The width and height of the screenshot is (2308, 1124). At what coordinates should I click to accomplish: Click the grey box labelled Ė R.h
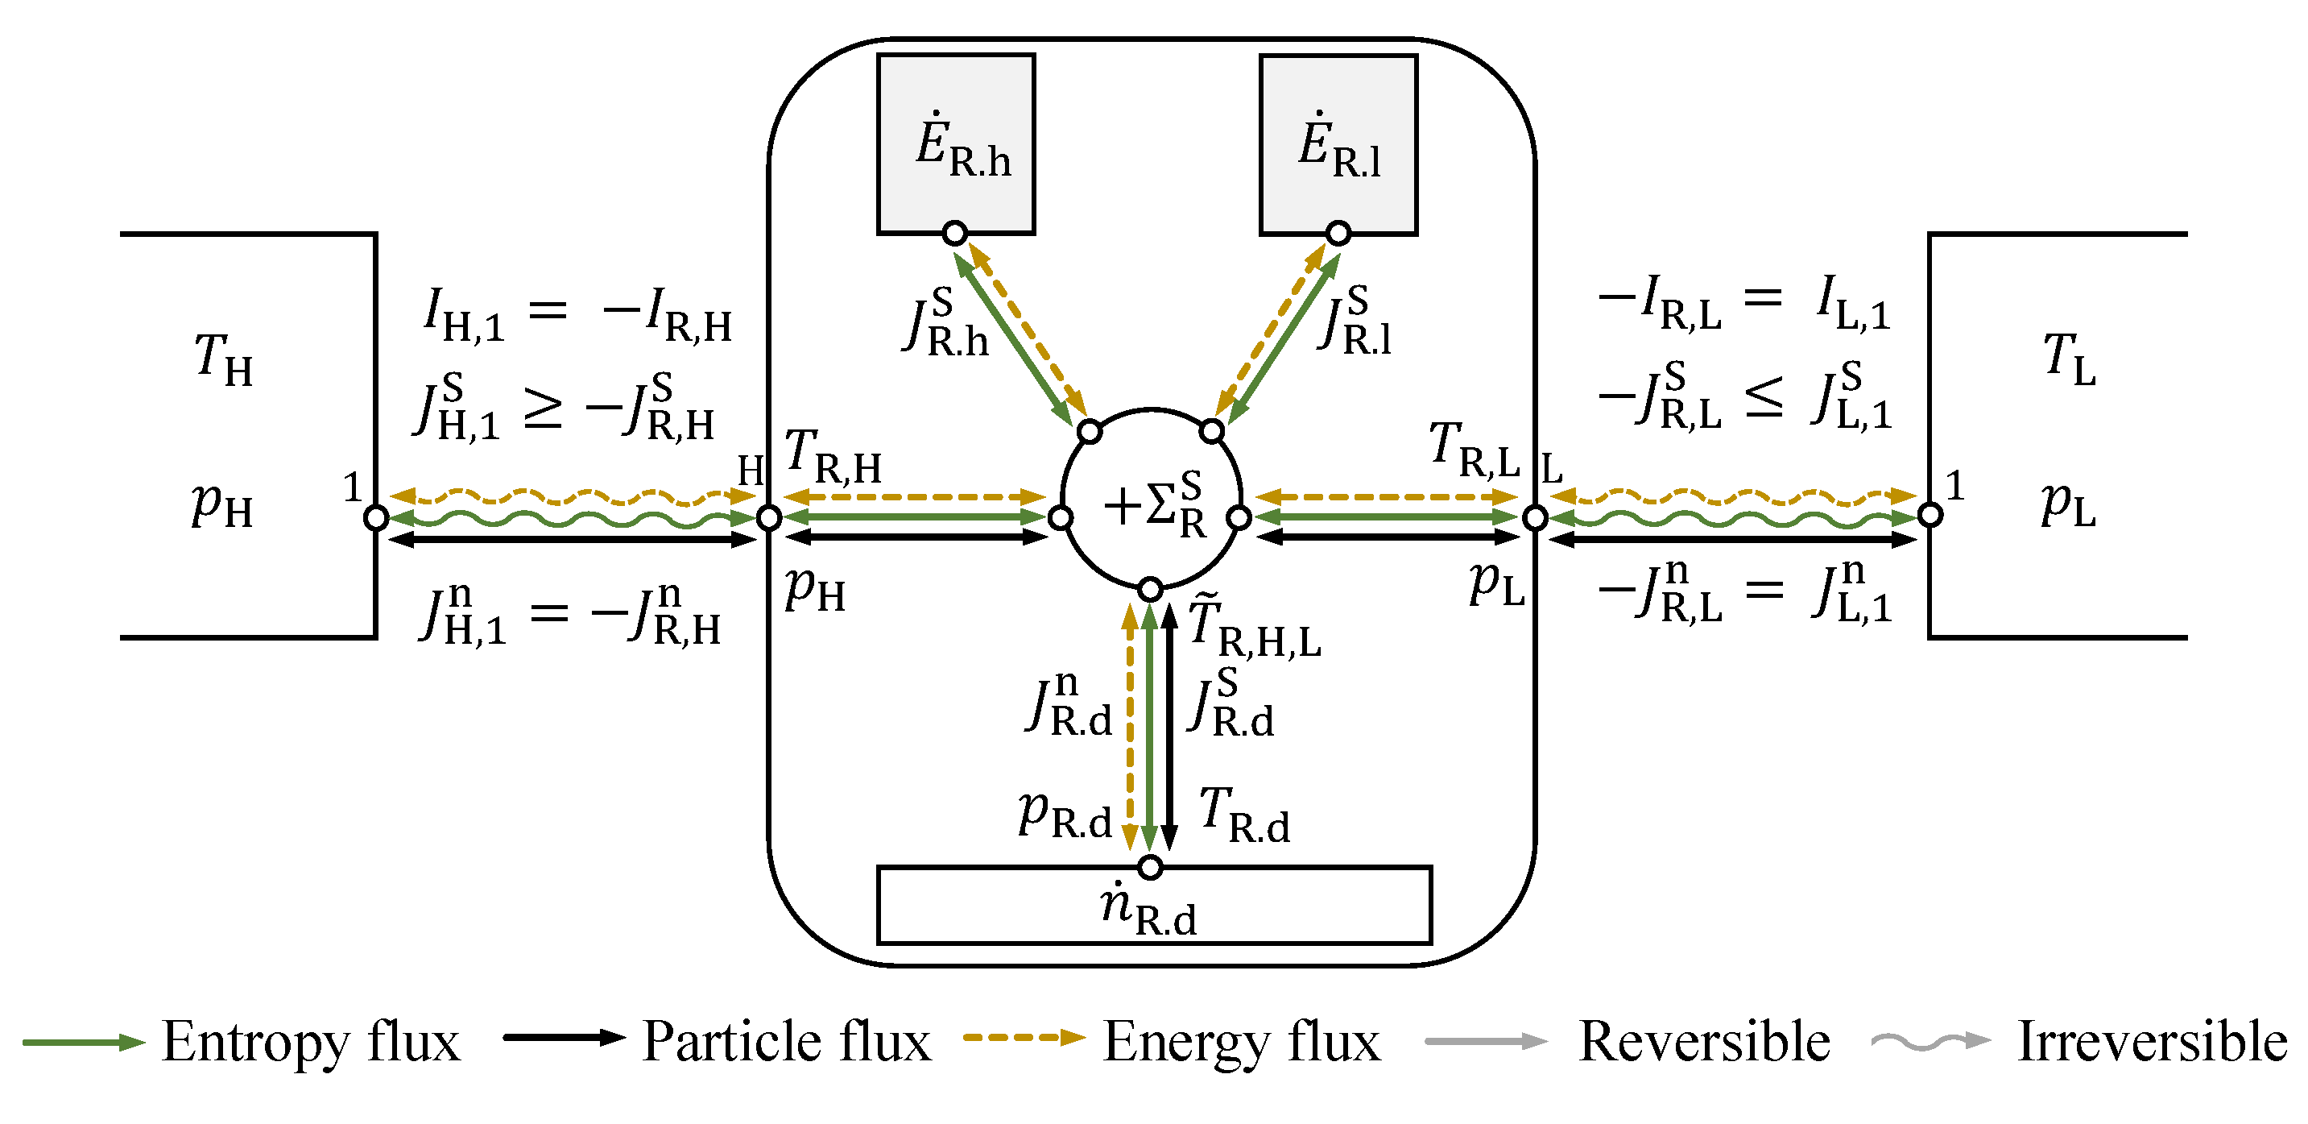[956, 143]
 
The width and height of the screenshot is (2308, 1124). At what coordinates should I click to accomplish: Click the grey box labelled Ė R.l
[1338, 143]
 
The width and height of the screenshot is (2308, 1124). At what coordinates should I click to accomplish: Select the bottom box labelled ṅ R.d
[1153, 906]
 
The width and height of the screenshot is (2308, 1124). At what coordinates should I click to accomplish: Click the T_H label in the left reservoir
[224, 359]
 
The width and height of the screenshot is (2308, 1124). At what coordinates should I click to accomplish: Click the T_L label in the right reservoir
[2070, 359]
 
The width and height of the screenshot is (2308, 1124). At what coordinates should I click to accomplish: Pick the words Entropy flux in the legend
[311, 1042]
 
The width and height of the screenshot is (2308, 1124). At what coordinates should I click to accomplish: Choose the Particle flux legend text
[787, 1042]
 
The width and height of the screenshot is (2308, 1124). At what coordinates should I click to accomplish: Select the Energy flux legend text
[1242, 1042]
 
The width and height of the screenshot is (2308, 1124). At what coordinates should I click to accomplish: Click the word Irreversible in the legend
[2152, 1042]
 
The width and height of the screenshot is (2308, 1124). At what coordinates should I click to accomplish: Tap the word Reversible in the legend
[1704, 1042]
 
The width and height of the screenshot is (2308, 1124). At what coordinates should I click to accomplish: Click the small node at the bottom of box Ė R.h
[955, 234]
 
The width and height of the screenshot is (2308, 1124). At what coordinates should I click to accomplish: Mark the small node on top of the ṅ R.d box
[1151, 867]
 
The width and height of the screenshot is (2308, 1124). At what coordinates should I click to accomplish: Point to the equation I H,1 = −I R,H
[578, 313]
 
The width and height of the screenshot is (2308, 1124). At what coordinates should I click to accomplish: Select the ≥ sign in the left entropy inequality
[543, 410]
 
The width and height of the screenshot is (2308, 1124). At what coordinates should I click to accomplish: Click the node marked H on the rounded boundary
[770, 517]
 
